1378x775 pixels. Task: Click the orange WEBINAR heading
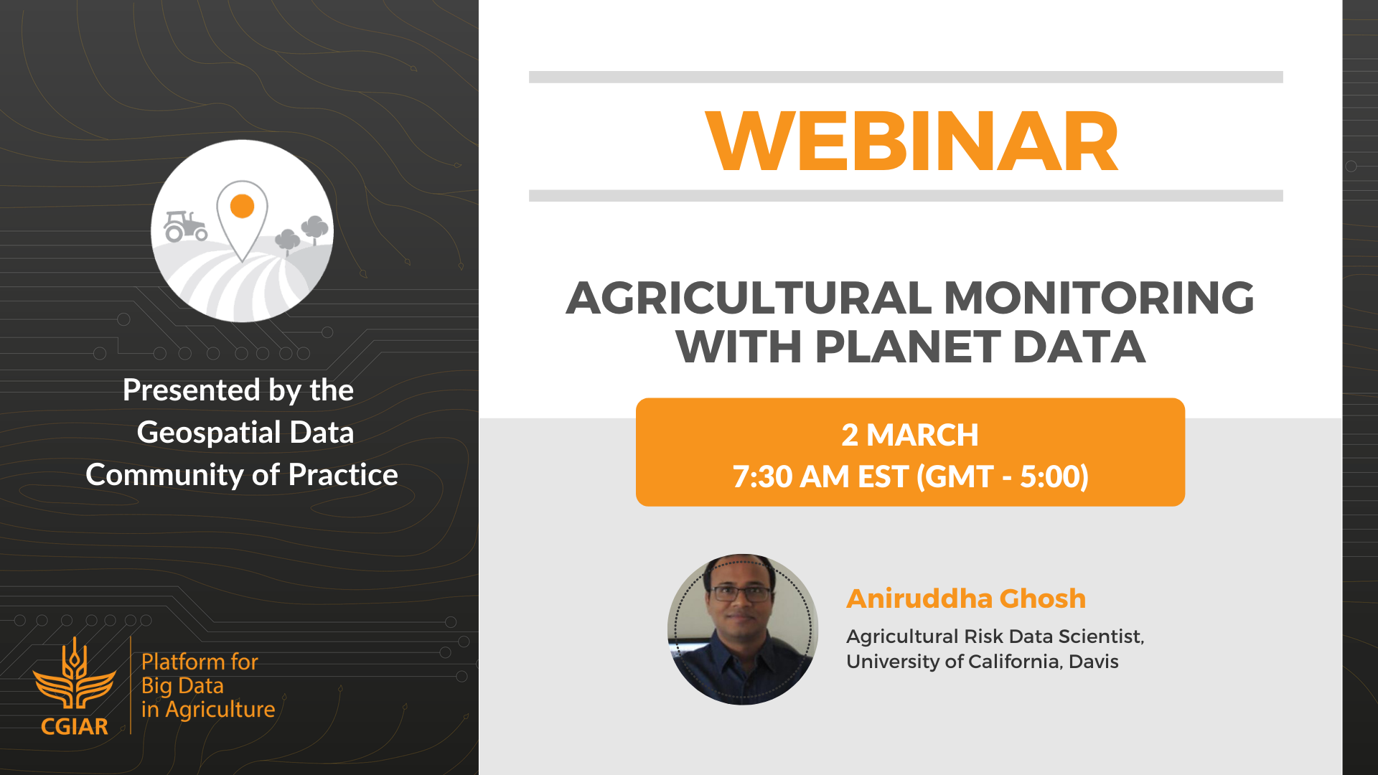click(x=911, y=141)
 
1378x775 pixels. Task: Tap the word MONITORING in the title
click(x=1099, y=298)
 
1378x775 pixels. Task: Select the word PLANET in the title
click(x=908, y=347)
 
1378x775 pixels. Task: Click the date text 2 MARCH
click(x=910, y=435)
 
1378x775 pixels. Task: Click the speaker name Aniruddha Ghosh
click(x=966, y=598)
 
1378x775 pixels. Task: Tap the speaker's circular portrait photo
click(x=743, y=629)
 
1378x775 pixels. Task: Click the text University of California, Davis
click(x=983, y=662)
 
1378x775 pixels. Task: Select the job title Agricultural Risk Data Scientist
click(x=995, y=637)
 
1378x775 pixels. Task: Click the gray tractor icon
click(x=185, y=225)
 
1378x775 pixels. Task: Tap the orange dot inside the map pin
click(x=243, y=206)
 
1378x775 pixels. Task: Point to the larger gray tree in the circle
click(x=314, y=230)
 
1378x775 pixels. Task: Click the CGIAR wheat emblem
click(x=75, y=675)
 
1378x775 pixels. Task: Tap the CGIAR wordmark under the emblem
click(x=75, y=727)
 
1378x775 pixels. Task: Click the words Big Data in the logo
click(x=183, y=686)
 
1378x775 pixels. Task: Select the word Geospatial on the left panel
click(x=209, y=433)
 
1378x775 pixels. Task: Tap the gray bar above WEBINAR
click(x=906, y=77)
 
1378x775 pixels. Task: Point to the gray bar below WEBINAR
click(x=906, y=196)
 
